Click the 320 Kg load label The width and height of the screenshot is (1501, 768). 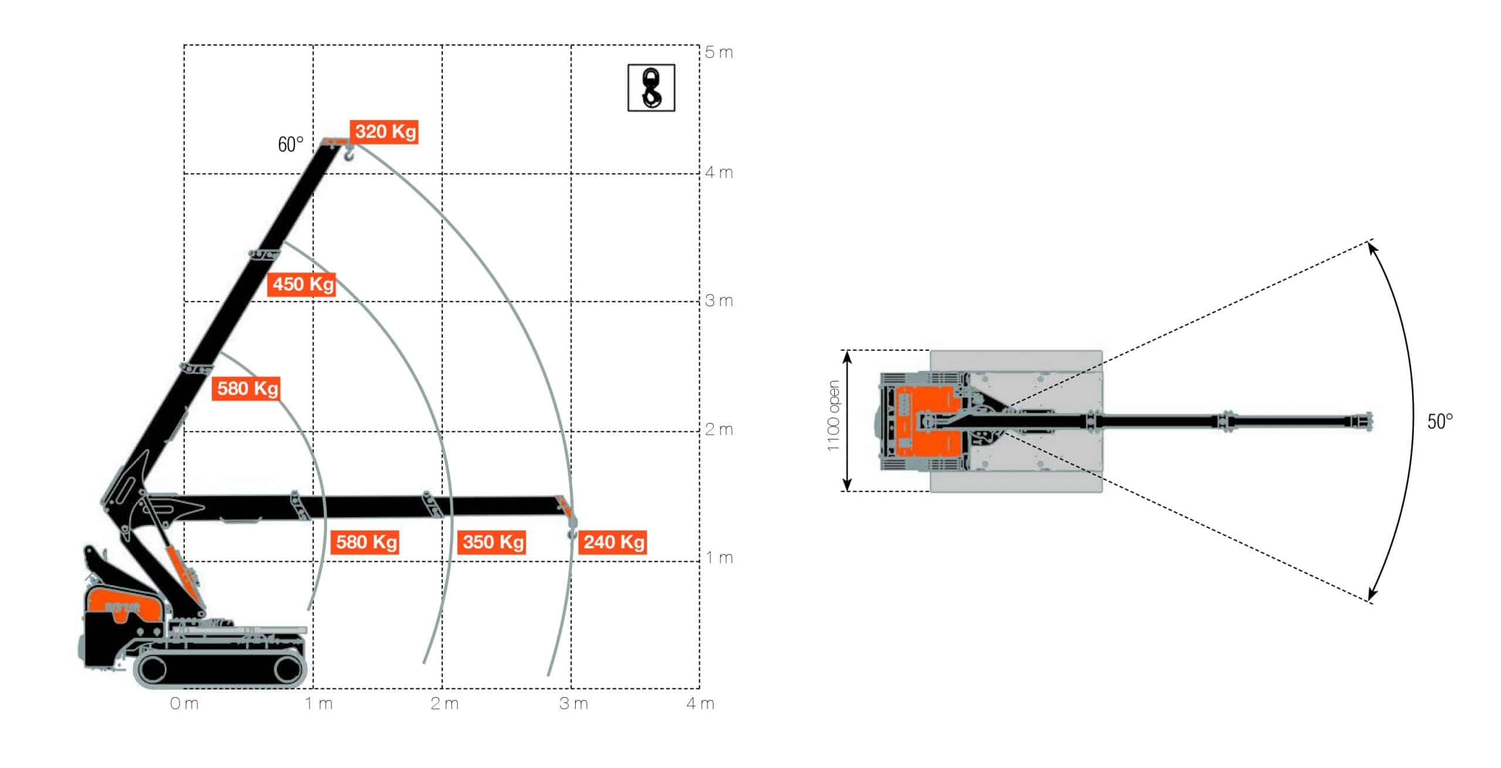(x=384, y=131)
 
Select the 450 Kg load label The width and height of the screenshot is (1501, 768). (x=302, y=285)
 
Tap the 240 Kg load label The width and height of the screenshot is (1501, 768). (x=613, y=542)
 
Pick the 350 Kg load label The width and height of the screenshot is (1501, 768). (x=492, y=542)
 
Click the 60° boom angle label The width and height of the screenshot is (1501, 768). (x=291, y=144)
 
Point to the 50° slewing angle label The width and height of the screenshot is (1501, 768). (x=1440, y=421)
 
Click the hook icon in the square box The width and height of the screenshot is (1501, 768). (x=651, y=88)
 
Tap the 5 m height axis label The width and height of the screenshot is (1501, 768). (x=719, y=53)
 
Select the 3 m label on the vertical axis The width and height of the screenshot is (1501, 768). (x=719, y=301)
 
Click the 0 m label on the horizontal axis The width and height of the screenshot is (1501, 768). (x=184, y=704)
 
